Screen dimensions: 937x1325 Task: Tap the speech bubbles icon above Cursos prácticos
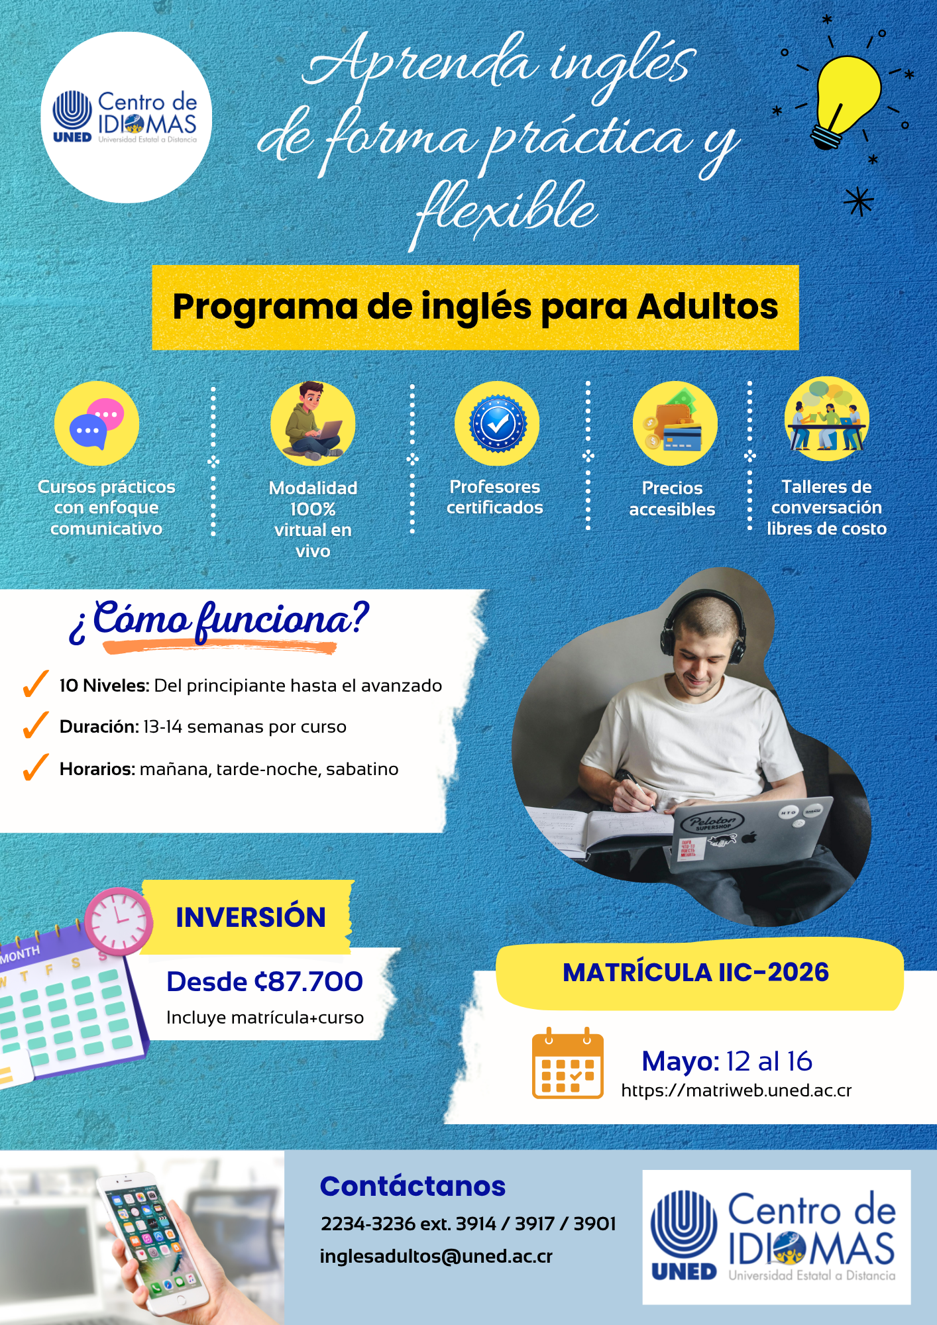point(97,423)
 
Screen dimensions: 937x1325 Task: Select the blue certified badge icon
point(497,423)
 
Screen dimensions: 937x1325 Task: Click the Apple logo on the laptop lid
point(749,837)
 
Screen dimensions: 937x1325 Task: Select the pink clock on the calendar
point(119,921)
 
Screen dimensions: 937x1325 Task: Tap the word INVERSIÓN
point(250,918)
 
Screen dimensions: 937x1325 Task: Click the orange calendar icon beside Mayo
point(568,1063)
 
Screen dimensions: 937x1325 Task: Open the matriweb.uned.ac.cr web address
point(736,1090)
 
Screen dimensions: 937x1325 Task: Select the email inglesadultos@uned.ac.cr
point(436,1256)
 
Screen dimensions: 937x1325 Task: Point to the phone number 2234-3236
point(368,1224)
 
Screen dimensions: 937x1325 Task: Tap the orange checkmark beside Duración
point(35,725)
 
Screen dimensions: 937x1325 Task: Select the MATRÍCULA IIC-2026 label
point(696,973)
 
